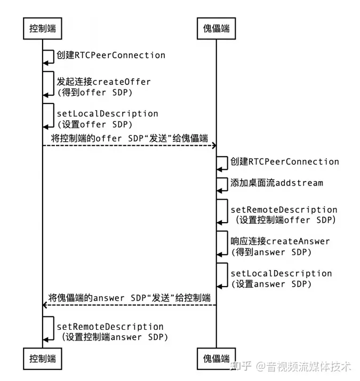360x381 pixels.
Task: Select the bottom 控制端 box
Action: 43,358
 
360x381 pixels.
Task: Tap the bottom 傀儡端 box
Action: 216,358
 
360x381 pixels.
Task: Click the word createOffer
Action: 122,82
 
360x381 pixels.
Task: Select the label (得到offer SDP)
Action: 94,92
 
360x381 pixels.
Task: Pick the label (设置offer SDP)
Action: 94,124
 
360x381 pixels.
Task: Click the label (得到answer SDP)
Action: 271,252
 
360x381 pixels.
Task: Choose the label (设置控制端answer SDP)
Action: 114,337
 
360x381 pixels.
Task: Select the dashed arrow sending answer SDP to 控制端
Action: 128,305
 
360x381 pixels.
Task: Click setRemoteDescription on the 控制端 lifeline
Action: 110,326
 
